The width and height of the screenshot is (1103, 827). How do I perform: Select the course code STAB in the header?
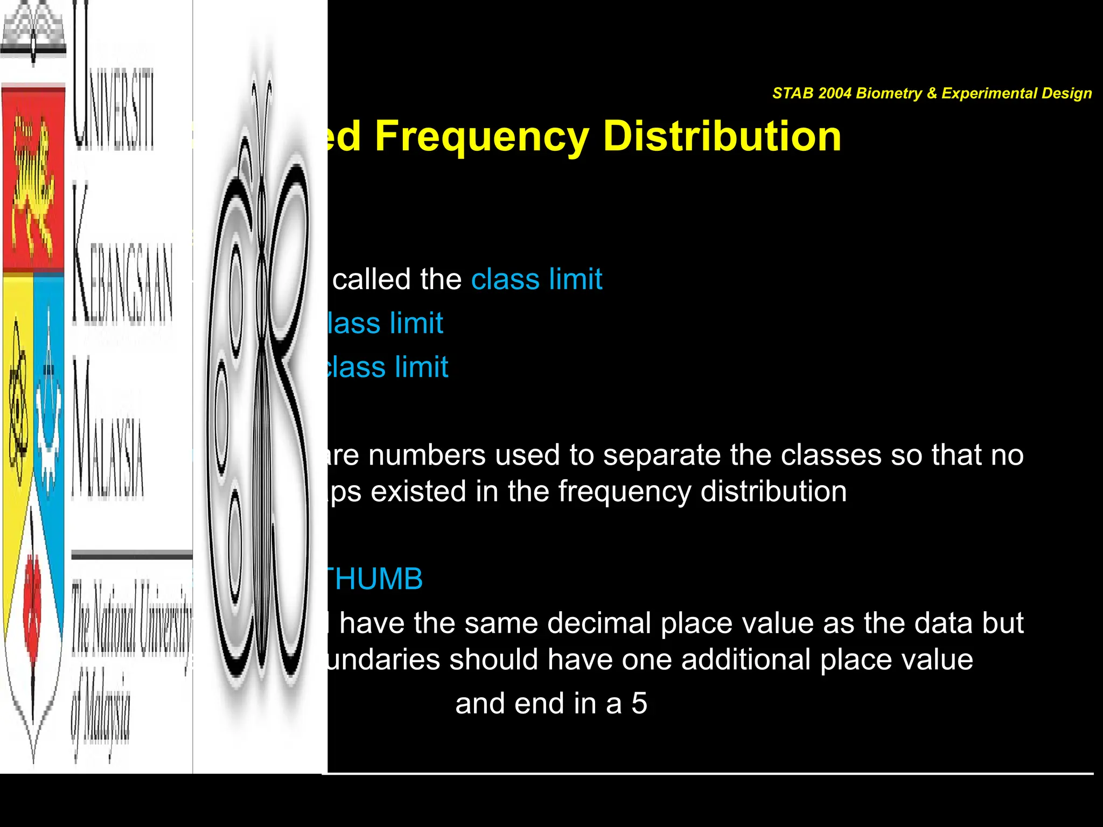793,93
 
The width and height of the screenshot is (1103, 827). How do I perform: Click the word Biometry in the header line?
889,93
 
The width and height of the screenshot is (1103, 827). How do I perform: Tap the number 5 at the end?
639,704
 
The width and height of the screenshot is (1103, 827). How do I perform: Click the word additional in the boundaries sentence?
745,660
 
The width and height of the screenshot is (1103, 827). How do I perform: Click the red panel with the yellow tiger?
34,178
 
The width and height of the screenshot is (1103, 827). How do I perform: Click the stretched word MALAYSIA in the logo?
108,431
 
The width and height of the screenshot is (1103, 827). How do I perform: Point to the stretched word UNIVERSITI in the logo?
113,81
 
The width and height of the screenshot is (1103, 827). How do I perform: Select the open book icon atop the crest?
33,32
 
